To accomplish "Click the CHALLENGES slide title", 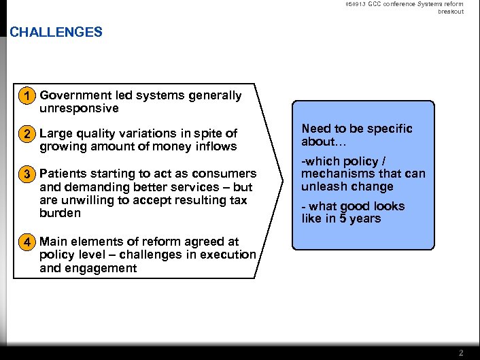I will pos(56,32).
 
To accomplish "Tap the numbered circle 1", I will pos(27,96).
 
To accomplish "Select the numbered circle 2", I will pos(27,133).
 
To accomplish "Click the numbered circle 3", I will pos(27,174).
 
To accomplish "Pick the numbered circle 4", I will pos(27,242).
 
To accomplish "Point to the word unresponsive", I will pos(79,108).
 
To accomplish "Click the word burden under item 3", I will pos(60,213).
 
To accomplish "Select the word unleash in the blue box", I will pos(324,186).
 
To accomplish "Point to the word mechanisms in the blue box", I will pos(336,174).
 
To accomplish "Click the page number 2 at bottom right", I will pos(461,353).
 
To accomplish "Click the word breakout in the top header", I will pos(451,12).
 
